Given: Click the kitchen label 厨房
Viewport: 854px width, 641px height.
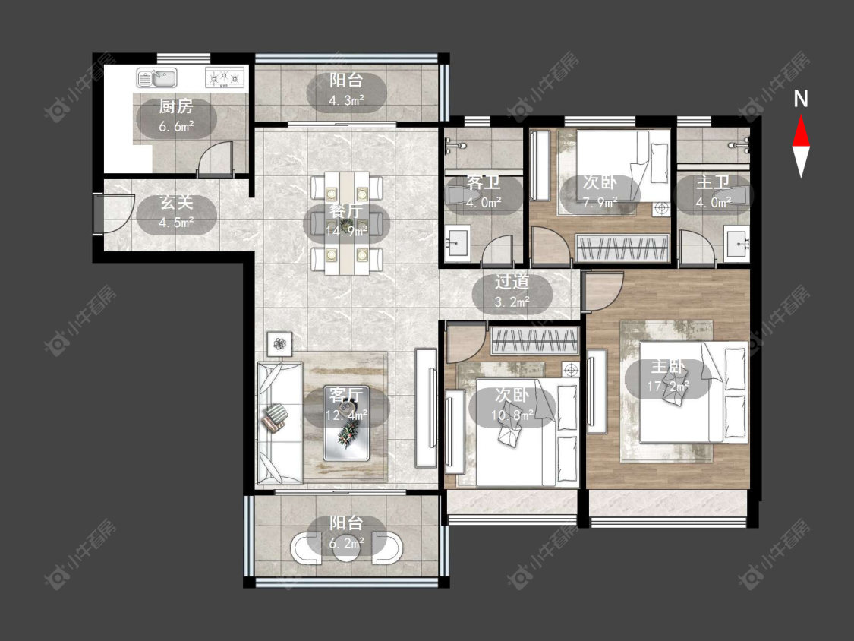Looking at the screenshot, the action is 176,106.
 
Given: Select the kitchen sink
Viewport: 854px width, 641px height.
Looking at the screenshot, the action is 157,78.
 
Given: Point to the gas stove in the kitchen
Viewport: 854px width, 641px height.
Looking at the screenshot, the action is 225,78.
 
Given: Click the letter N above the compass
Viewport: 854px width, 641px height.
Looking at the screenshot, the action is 801,99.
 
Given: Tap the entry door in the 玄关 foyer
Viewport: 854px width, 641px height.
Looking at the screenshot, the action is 99,213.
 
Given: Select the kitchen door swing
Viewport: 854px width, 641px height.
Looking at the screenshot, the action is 215,159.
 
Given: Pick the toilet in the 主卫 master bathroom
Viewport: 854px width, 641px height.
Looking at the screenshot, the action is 732,194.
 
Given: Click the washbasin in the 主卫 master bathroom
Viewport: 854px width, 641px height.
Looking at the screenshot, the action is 737,243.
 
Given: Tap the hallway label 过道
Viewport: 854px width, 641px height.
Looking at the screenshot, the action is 512,282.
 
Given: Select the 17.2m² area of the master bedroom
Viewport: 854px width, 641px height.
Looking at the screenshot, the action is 668,387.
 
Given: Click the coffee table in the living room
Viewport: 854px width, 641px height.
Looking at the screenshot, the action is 347,423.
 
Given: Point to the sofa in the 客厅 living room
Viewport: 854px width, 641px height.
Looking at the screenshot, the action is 279,422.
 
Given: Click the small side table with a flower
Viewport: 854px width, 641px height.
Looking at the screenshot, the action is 280,344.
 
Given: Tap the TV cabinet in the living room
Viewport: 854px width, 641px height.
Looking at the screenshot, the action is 426,408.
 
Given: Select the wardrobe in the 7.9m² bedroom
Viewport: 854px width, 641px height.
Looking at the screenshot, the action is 622,248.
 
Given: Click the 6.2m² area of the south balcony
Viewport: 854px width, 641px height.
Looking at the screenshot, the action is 346,544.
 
